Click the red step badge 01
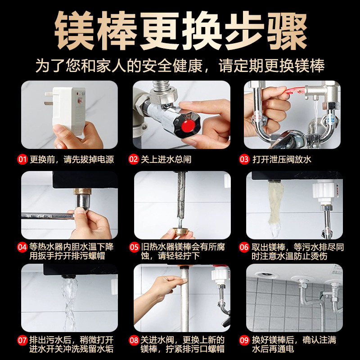click(x=22, y=159)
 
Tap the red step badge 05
click(x=134, y=247)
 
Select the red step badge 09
click(x=244, y=340)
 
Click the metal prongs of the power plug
click(x=49, y=98)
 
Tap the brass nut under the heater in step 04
click(x=82, y=192)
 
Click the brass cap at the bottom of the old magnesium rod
click(x=180, y=231)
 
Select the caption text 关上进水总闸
click(x=166, y=159)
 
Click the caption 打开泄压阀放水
click(x=282, y=159)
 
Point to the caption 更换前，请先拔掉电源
click(x=72, y=159)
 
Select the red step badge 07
click(x=22, y=340)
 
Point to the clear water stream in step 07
click(x=69, y=303)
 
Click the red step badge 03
click(x=244, y=159)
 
